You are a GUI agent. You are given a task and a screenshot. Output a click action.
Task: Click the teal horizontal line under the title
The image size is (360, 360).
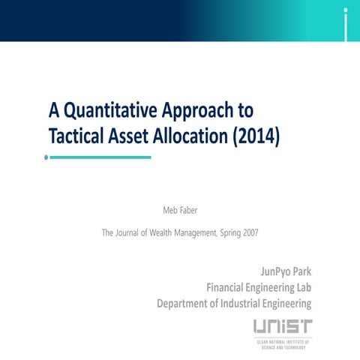[x=100, y=157]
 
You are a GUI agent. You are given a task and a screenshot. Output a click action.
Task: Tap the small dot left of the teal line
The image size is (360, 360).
[x=46, y=157]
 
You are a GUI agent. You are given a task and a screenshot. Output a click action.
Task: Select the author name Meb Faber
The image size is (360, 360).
[x=180, y=209]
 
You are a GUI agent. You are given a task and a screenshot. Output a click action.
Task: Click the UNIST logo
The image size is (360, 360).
[x=282, y=331]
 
